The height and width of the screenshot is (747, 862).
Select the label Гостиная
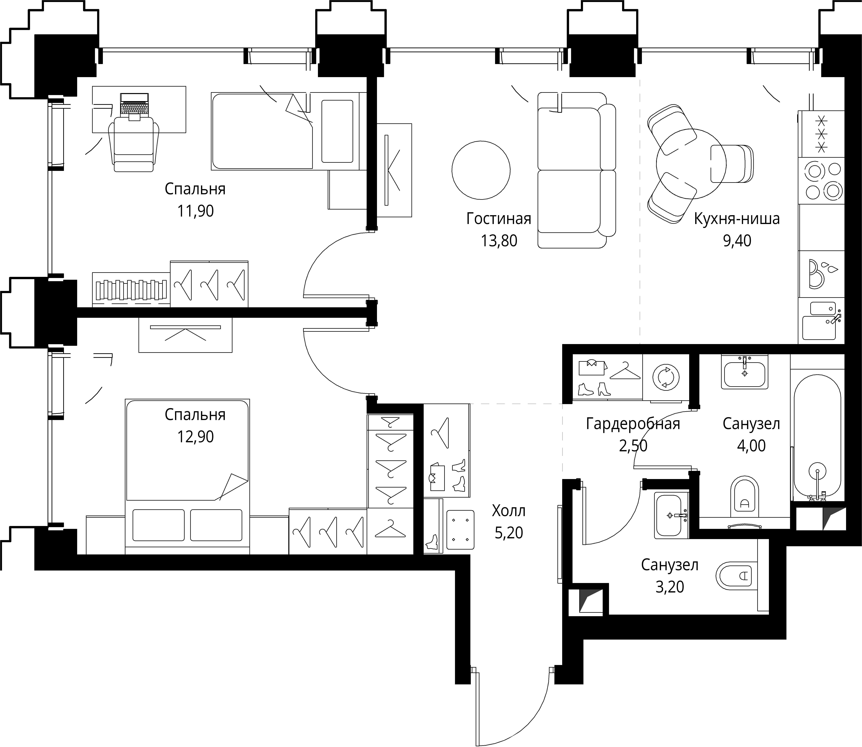(499, 218)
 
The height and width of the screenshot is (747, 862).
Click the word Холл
(509, 511)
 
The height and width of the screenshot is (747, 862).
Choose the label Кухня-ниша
(736, 219)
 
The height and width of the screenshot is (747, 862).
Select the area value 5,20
(509, 533)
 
